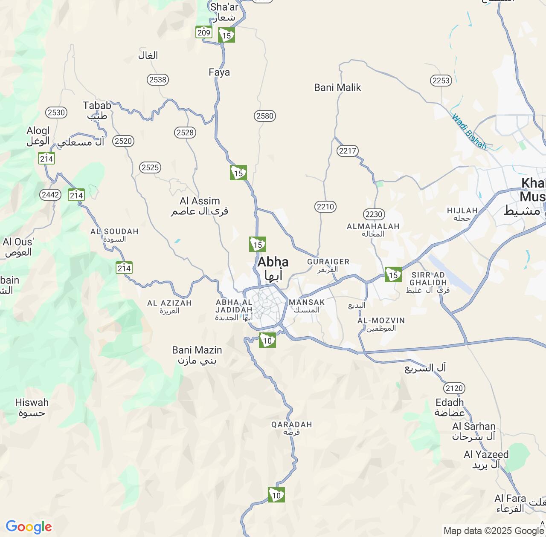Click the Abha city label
click(273, 262)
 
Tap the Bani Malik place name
click(337, 88)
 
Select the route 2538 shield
click(158, 80)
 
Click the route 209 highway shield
click(204, 32)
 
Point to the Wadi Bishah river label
click(469, 132)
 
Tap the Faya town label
click(219, 72)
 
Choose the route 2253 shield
click(441, 81)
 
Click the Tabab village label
click(97, 106)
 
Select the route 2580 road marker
click(264, 116)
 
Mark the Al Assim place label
click(200, 201)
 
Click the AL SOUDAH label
click(114, 232)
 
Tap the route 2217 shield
click(347, 151)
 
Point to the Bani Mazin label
click(197, 350)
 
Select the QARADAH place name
click(292, 424)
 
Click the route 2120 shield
click(454, 388)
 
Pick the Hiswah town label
click(32, 403)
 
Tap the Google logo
click(28, 527)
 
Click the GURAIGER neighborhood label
click(328, 262)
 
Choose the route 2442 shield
click(50, 195)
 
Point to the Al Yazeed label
click(486, 455)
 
